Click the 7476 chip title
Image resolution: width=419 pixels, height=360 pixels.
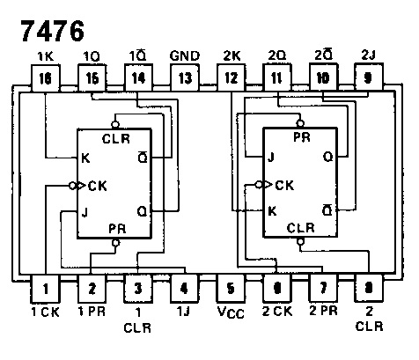click(x=53, y=31)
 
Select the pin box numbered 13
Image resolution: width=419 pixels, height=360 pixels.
click(x=185, y=78)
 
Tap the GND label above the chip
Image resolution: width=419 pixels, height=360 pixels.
click(x=185, y=55)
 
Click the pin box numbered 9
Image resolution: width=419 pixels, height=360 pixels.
click(x=369, y=77)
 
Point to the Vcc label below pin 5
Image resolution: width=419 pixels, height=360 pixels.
click(x=231, y=312)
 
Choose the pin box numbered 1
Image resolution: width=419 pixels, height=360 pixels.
click(x=45, y=289)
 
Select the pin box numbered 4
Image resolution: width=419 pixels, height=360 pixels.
click(x=185, y=289)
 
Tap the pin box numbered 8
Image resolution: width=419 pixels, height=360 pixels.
click(x=369, y=288)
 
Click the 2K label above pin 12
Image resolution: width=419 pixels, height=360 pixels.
click(x=232, y=55)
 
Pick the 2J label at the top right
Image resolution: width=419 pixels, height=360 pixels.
click(x=369, y=55)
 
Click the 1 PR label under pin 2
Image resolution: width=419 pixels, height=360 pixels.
click(x=92, y=311)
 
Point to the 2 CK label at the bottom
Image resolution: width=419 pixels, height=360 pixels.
click(x=277, y=311)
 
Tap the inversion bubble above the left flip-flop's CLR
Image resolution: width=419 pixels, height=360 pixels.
click(x=115, y=124)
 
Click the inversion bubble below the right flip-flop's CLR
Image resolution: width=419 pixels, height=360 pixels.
click(x=300, y=241)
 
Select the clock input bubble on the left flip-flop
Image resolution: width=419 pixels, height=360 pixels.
click(x=73, y=186)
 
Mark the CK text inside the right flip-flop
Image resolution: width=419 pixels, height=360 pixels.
click(x=284, y=185)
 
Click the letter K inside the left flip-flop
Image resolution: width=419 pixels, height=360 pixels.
click(x=85, y=158)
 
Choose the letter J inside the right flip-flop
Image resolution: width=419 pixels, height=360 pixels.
click(x=271, y=158)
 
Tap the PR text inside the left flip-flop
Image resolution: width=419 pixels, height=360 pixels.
click(x=117, y=229)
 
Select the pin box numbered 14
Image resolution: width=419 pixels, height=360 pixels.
click(x=138, y=78)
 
